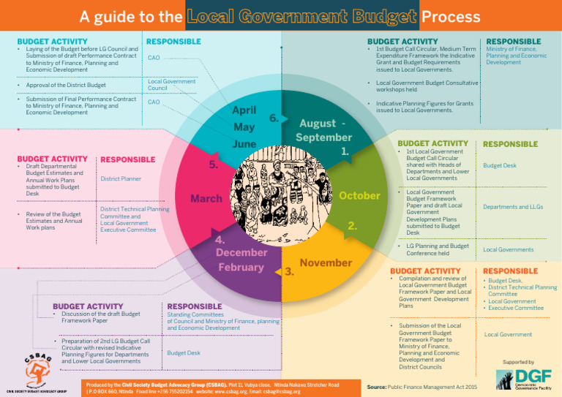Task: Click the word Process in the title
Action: click(x=452, y=16)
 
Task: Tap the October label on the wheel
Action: click(x=359, y=196)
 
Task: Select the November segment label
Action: click(x=326, y=262)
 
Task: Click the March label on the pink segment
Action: click(x=206, y=199)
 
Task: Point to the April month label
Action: click(x=243, y=110)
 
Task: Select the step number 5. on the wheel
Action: click(x=213, y=165)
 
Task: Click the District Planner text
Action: click(x=121, y=178)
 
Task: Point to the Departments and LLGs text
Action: click(x=512, y=207)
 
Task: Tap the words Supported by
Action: click(x=518, y=362)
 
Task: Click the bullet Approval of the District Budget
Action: click(x=66, y=86)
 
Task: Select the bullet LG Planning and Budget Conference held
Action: click(x=437, y=249)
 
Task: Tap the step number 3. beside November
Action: click(x=289, y=272)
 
